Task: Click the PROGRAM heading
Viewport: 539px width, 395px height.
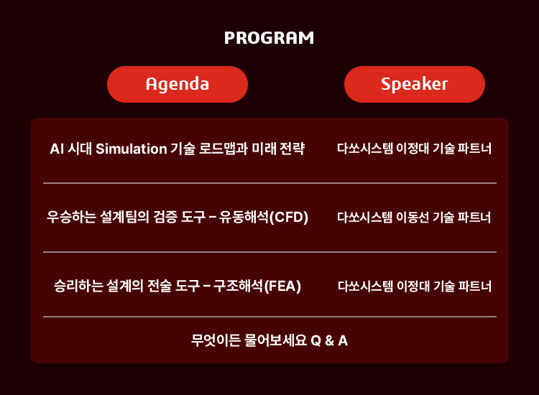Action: point(269,38)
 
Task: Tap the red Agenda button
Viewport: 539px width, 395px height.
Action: point(178,84)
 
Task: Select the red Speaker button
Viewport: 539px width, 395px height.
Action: point(415,84)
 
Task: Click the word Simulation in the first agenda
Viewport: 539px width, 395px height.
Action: point(132,149)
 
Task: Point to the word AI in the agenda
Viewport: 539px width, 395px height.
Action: point(57,149)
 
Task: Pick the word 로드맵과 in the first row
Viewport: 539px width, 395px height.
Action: point(224,149)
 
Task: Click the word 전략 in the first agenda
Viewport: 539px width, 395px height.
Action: point(292,149)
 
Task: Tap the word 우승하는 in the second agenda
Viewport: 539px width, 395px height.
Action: point(71,217)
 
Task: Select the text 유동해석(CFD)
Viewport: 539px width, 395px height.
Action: point(264,217)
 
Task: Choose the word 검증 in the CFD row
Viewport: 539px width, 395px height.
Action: point(165,217)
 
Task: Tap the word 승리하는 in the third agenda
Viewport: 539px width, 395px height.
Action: point(78,286)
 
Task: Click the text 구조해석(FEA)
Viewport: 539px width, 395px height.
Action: point(257,286)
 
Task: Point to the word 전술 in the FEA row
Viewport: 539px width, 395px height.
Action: point(160,286)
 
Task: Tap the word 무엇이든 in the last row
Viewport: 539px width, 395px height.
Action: point(216,340)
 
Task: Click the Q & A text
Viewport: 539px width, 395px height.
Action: point(329,340)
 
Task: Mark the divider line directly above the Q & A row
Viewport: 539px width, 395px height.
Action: point(269,317)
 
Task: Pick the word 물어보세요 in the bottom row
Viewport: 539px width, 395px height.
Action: point(275,340)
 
